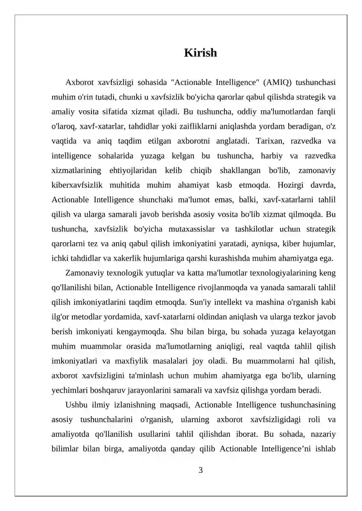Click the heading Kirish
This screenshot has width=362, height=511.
[200, 53]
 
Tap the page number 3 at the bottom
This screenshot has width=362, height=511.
[200, 470]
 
